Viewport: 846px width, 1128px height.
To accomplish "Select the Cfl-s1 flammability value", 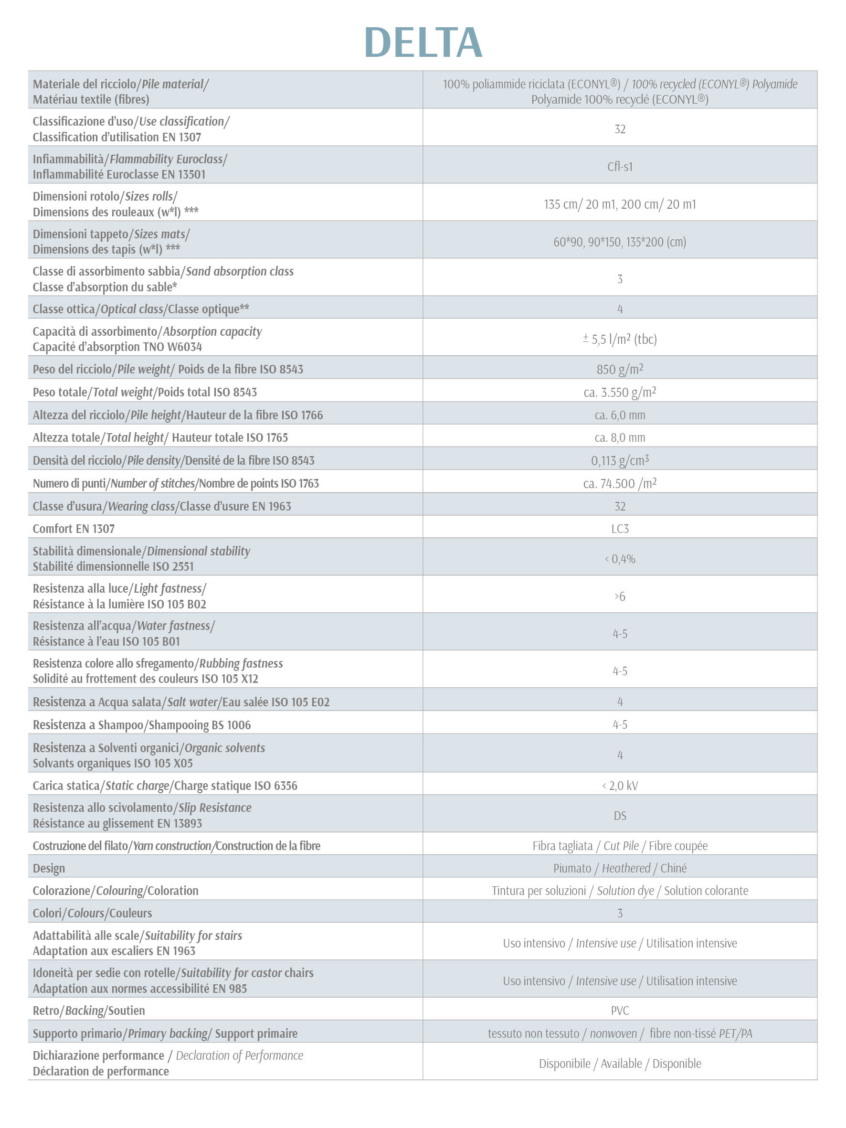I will (620, 167).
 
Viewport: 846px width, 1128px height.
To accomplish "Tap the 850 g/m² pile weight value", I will (620, 369).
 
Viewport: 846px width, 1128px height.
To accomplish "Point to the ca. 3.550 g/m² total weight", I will (620, 392).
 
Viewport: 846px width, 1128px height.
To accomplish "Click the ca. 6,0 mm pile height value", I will (620, 415).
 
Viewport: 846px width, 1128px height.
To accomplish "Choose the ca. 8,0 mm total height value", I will (620, 437).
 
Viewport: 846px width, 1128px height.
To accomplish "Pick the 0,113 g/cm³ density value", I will (620, 460).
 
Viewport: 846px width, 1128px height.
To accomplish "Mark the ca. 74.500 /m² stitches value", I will (620, 483).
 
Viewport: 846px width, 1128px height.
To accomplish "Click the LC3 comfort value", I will (620, 529).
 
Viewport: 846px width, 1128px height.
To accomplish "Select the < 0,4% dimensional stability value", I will (620, 559).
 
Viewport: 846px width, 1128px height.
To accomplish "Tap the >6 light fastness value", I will (620, 596).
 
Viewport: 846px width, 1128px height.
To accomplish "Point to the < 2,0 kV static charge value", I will (620, 786).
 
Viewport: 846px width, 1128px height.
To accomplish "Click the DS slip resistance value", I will (620, 816).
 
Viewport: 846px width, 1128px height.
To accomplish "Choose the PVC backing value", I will (620, 1011).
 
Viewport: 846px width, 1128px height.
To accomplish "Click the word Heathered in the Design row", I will (626, 868).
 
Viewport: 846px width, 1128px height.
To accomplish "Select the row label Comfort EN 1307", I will (74, 529).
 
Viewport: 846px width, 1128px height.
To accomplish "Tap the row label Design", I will (49, 868).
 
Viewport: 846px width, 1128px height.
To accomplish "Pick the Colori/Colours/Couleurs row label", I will (92, 913).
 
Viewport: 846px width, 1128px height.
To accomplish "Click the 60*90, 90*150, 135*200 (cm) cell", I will (620, 242).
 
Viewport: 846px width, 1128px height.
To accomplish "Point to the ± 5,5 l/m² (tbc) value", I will (620, 339).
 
